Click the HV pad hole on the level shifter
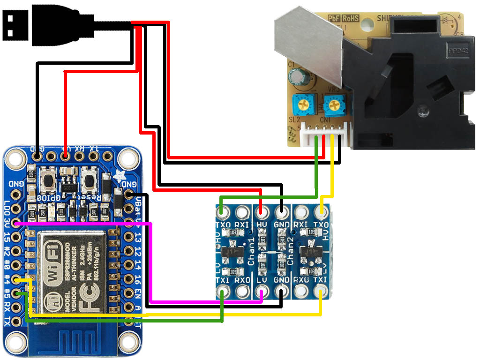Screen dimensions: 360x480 click(x=262, y=212)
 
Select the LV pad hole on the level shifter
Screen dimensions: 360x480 click(x=262, y=293)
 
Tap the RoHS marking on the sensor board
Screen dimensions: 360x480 click(x=350, y=18)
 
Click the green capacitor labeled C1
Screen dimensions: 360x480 click(x=297, y=76)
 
